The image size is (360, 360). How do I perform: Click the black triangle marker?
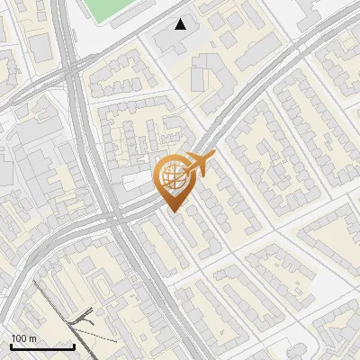[x=181, y=24]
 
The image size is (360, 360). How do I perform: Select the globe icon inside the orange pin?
[x=172, y=174]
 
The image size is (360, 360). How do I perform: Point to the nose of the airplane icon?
[x=212, y=157]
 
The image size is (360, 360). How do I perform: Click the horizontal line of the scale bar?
[x=42, y=346]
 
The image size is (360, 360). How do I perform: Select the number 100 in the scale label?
[x=19, y=338]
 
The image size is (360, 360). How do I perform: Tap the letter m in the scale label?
[x=32, y=338]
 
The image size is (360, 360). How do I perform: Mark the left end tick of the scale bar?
[x=11, y=345]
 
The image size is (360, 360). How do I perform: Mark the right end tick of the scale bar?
[x=74, y=345]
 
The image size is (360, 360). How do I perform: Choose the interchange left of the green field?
[x=67, y=54]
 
